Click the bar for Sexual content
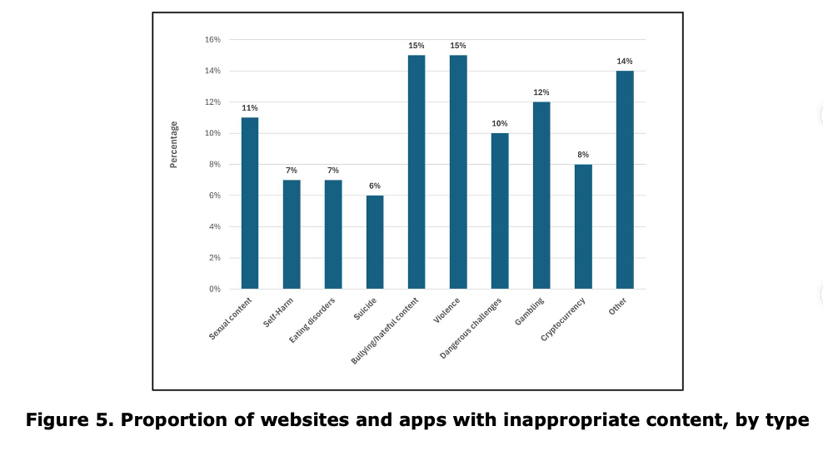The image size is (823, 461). click(x=250, y=203)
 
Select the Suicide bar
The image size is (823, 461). click(x=375, y=242)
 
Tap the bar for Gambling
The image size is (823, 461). click(x=541, y=196)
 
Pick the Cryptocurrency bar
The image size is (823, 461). click(x=583, y=226)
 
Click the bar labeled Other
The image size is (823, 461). click(x=625, y=180)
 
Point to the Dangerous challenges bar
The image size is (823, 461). click(x=500, y=211)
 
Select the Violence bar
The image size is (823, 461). click(x=458, y=172)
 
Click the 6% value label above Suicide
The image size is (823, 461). click(x=375, y=186)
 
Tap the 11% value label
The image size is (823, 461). click(x=250, y=108)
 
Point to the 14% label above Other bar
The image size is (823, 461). click(x=625, y=62)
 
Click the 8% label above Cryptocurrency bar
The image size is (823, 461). click(x=583, y=155)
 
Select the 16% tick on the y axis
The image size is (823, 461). click(x=212, y=40)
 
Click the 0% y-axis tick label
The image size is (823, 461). click(x=215, y=289)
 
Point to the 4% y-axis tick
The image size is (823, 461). click(x=215, y=226)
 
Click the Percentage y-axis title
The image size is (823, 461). click(x=174, y=145)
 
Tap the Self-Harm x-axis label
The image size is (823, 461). click(x=278, y=313)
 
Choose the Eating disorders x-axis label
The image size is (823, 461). click(x=312, y=320)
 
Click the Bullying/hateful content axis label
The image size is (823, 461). click(x=385, y=331)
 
